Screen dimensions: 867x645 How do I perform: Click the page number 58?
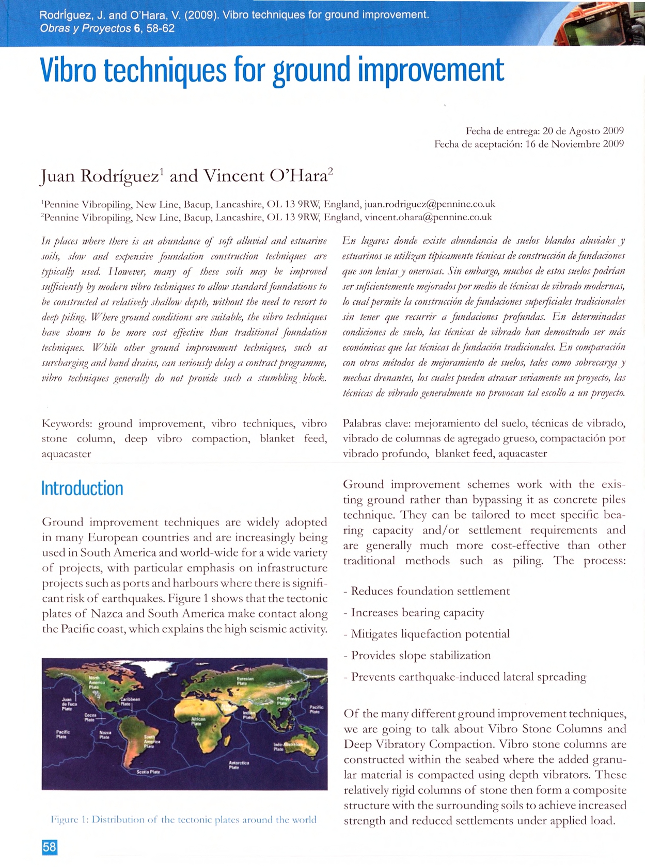coord(49,847)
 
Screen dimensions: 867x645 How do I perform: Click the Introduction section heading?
coord(82,488)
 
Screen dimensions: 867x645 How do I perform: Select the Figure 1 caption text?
coord(183,820)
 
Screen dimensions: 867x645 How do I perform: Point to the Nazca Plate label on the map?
coord(105,735)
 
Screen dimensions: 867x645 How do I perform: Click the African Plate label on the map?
coord(198,721)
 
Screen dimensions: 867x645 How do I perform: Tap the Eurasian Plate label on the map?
coord(245,681)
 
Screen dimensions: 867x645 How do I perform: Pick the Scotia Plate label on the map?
coord(148,772)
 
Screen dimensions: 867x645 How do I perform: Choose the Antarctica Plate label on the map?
coord(239,765)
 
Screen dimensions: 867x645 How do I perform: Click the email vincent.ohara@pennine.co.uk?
coord(428,217)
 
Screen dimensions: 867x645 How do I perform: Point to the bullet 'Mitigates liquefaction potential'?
coord(430,634)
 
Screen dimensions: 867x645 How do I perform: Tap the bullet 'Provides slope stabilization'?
coord(420,656)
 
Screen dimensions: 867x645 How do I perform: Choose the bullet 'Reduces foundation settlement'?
coord(430,591)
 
